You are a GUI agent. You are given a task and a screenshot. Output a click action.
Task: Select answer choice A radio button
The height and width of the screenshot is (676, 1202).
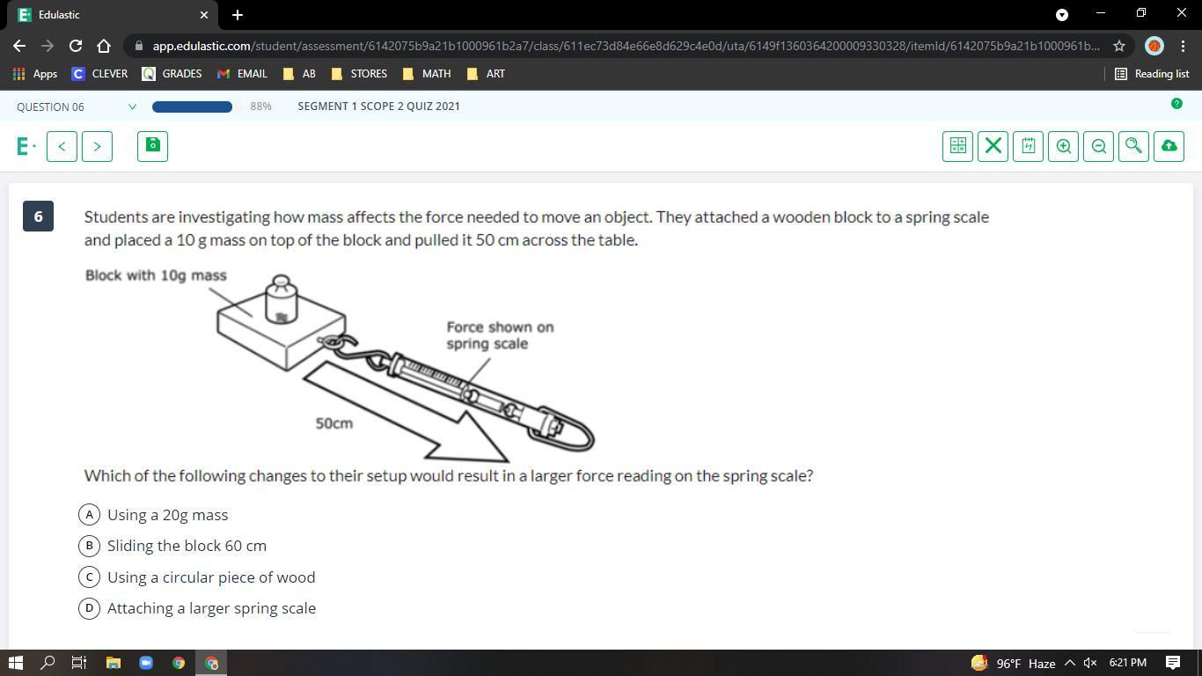[89, 514]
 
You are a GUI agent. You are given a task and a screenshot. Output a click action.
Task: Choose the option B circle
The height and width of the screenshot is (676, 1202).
[89, 546]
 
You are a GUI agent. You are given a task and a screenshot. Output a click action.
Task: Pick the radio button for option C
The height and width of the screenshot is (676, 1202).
[89, 577]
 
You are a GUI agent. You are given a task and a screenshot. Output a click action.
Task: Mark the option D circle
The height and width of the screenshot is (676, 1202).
[89, 608]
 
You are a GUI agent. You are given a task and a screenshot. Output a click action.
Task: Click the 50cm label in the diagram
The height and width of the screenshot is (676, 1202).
[333, 423]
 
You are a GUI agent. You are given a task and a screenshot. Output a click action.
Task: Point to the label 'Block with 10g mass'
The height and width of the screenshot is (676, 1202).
[156, 276]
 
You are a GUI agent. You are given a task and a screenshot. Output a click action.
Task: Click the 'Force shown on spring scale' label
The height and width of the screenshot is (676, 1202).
[500, 335]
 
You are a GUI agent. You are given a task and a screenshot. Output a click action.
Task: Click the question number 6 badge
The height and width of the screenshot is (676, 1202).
[38, 216]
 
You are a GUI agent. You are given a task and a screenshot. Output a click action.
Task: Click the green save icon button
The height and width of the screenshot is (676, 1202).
[152, 146]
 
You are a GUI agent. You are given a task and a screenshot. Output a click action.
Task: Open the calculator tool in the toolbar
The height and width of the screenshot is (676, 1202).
[958, 146]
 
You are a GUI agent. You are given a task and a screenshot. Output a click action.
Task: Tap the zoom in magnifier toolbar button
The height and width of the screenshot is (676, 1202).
[1063, 146]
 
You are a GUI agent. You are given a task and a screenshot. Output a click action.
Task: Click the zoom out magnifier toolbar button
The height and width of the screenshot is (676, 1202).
[1098, 146]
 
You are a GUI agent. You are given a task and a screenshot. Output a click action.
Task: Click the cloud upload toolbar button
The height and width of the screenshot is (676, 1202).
[1169, 146]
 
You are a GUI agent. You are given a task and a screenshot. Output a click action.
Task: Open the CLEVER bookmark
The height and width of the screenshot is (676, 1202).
[99, 74]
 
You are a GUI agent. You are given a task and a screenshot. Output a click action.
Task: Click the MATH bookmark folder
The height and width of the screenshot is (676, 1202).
[427, 74]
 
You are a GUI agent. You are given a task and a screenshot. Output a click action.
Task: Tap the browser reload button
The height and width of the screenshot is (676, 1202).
[76, 46]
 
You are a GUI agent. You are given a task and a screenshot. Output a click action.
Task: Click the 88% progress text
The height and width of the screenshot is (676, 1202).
[260, 107]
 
